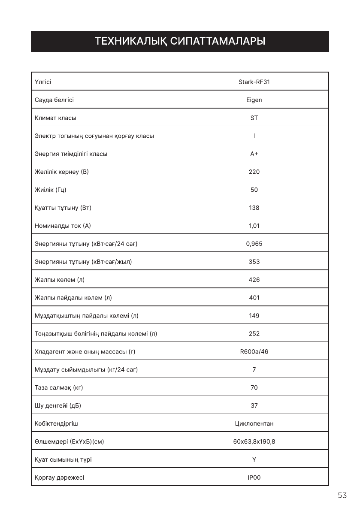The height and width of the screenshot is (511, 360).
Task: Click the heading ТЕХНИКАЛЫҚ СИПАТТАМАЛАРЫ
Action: [x=180, y=42]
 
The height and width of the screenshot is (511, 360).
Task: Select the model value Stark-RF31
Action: [x=254, y=82]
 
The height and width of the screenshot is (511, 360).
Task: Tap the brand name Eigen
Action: [x=254, y=100]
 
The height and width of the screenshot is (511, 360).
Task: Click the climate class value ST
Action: [x=254, y=118]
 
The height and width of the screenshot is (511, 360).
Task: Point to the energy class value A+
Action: [x=254, y=154]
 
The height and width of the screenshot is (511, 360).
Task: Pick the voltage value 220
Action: [x=254, y=172]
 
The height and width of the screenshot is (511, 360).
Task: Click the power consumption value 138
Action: [x=254, y=208]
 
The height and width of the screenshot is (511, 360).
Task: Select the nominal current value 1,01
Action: [x=254, y=226]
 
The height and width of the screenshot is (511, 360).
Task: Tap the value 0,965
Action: [x=254, y=244]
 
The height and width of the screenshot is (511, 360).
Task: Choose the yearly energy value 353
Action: [x=254, y=262]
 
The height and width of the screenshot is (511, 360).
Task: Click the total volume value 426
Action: [x=254, y=280]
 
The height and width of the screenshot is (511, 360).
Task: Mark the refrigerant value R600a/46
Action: [x=254, y=352]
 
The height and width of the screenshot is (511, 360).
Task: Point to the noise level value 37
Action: [x=254, y=406]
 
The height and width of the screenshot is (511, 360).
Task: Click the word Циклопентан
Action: [x=254, y=424]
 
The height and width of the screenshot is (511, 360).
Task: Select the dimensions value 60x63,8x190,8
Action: [x=254, y=442]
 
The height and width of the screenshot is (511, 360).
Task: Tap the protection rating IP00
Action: [x=254, y=478]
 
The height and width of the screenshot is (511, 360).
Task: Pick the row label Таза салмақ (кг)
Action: [x=59, y=388]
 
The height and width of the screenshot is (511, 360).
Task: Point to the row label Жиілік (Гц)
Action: [x=50, y=190]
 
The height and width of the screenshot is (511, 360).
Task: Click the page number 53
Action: [x=342, y=496]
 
